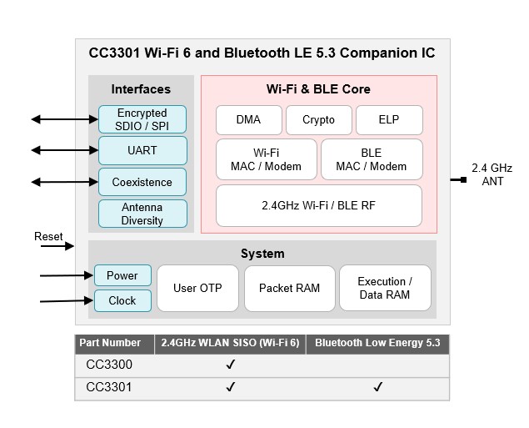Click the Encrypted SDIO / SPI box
pos(142,119)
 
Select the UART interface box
pos(142,151)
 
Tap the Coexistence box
pos(142,182)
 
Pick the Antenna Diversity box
pos(142,214)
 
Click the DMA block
pos(248,120)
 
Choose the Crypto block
pos(318,120)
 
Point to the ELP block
pos(388,120)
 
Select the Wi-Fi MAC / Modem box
pos(267,159)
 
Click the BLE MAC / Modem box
pos(372,159)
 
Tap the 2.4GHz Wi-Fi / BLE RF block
pos(318,205)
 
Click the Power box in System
pos(122,275)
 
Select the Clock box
pos(122,300)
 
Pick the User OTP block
pos(197,288)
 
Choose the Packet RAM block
pos(289,288)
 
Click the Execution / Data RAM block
pos(385,288)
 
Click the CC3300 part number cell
pos(109,365)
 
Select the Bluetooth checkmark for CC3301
pos(378,387)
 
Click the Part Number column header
pos(109,343)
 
